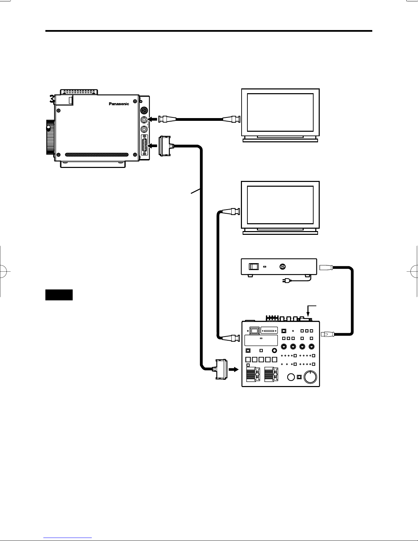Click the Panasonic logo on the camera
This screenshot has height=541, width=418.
coord(119,104)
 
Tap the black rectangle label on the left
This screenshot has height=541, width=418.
coord(59,295)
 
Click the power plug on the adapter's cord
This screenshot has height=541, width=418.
coord(285,281)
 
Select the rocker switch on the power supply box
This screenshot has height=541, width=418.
coord(254,267)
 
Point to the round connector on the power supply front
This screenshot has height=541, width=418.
coord(283,267)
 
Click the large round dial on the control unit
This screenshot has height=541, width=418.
coord(310,377)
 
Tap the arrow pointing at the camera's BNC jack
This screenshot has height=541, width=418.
coord(153,119)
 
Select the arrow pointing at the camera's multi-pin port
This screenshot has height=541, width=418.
coord(153,145)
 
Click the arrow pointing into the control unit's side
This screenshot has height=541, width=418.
coord(234,369)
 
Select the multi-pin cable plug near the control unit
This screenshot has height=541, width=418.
coord(220,369)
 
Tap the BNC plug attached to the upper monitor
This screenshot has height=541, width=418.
coord(231,119)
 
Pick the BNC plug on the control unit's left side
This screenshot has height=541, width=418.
coord(231,338)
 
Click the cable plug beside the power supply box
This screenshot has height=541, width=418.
coord(326,267)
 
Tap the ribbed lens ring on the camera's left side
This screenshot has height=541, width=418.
coord(50,137)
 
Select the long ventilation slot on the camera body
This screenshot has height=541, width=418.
coord(97,155)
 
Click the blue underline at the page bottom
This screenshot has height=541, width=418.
coord(68,538)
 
